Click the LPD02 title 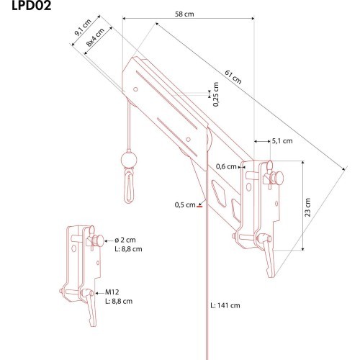pos(32,5)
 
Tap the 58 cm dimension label pos(184,14)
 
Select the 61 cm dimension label pos(233,77)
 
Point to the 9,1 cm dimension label pos(83,27)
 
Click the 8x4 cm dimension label pos(95,37)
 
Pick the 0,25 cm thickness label pos(216,94)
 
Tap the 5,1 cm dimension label pos(282,141)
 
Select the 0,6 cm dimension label pos(226,166)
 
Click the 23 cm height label pos(307,207)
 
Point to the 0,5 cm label pos(185,204)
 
